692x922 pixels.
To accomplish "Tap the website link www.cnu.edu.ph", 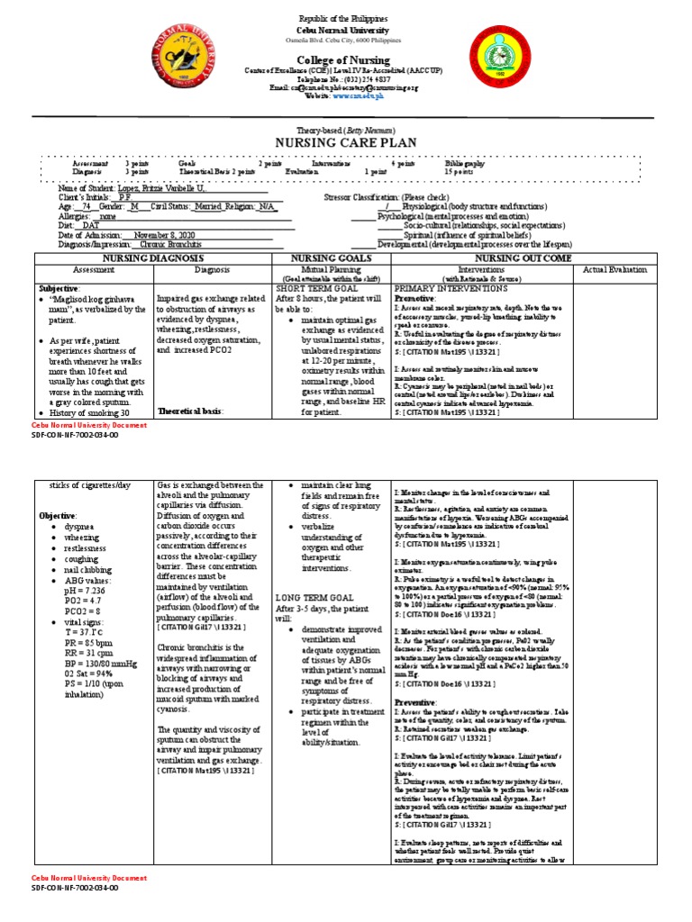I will tap(360, 95).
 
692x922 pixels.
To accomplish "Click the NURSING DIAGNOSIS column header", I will tap(150, 258).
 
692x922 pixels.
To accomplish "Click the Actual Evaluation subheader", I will tap(615, 269).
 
